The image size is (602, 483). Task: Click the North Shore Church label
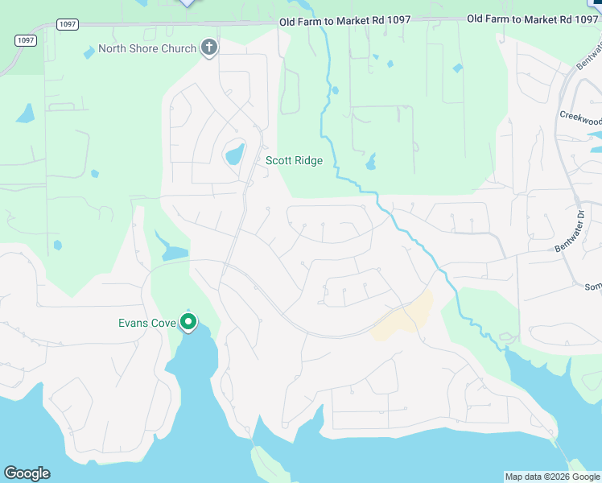tap(147, 48)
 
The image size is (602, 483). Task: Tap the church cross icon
tap(209, 47)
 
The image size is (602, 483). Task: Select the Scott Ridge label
tap(295, 160)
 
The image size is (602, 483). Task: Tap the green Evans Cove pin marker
tap(189, 322)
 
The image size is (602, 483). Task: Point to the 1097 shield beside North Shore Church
tap(68, 25)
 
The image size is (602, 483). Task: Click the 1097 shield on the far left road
tap(25, 39)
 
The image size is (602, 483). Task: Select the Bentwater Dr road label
tap(571, 232)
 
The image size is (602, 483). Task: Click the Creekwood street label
tap(580, 118)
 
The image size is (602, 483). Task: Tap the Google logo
tap(27, 473)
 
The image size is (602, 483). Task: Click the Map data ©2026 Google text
tap(552, 477)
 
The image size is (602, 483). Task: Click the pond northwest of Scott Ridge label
tap(234, 153)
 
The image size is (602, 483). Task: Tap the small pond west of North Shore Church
tap(89, 54)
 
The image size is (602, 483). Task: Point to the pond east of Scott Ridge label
tap(370, 163)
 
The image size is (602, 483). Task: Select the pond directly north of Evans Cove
tap(173, 252)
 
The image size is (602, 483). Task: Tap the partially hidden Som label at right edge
tap(593, 287)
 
